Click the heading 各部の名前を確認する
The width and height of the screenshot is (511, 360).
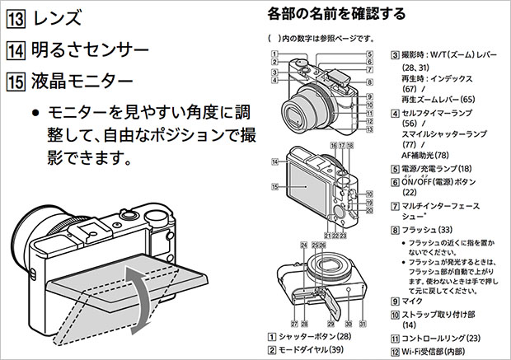(x=337, y=13)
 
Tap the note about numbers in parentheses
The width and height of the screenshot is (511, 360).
(x=321, y=38)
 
